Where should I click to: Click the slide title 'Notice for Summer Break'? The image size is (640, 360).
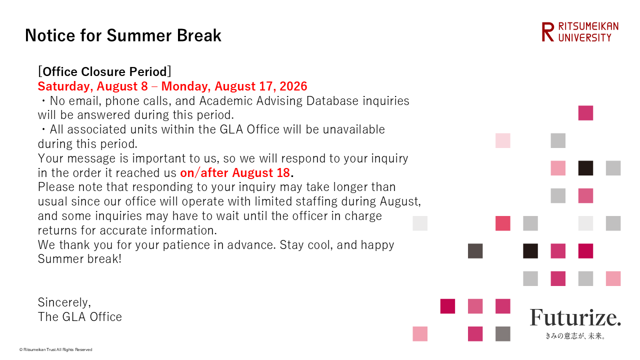point(123,35)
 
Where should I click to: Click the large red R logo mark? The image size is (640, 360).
point(547,32)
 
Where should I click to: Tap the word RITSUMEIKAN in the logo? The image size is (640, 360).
point(588,26)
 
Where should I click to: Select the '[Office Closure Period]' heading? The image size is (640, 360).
point(104,71)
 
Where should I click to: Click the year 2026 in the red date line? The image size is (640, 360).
point(293,86)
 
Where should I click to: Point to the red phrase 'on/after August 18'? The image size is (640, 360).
point(235,172)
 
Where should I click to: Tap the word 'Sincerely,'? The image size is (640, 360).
point(64,302)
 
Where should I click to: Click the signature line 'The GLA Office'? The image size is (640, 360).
point(79,317)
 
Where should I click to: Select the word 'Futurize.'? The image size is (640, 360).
point(575,317)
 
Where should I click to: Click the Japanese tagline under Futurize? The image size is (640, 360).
point(575,336)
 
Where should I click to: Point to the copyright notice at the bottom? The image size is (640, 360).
point(55,349)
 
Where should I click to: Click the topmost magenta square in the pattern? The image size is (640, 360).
point(585,113)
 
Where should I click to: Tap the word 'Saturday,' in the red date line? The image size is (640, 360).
point(65,86)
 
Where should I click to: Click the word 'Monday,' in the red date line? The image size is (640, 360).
point(186,86)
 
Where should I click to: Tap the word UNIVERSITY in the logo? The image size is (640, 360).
point(584,37)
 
